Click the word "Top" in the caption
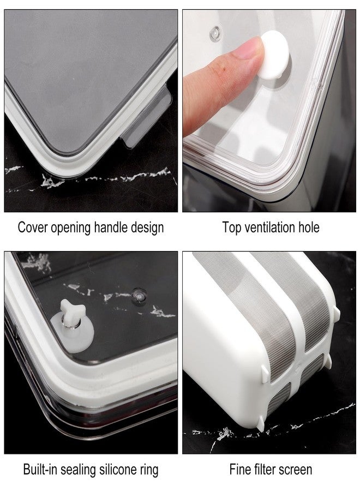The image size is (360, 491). [x=232, y=228]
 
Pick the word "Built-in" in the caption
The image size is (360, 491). [x=40, y=470]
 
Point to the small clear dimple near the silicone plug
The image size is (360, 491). [x=139, y=295]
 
